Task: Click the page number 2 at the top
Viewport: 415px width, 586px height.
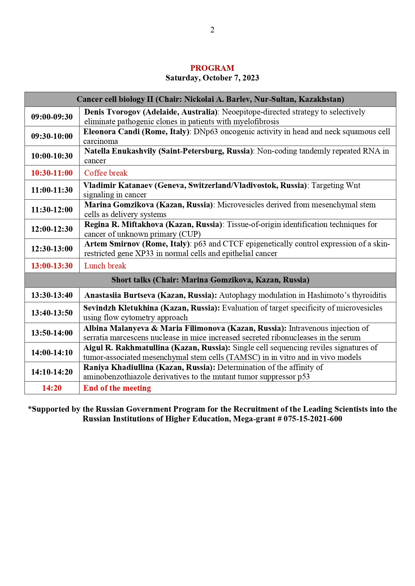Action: tap(212, 30)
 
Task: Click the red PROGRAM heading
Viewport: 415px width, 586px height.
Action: tap(212, 68)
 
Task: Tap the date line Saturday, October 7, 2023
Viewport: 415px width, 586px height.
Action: tap(212, 78)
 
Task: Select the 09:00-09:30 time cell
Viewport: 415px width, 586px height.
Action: tap(52, 117)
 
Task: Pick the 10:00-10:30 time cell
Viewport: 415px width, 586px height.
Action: tap(52, 156)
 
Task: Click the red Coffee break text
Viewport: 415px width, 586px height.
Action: tap(106, 173)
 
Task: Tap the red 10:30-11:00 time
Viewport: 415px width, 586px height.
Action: tap(52, 173)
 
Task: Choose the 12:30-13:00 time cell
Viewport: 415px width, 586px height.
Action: tap(52, 248)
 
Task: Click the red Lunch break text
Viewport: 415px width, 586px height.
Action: tap(105, 266)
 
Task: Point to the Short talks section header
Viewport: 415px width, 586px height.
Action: tap(210, 280)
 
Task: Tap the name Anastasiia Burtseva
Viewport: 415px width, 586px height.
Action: tap(120, 295)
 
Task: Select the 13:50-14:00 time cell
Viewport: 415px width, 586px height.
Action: tap(52, 333)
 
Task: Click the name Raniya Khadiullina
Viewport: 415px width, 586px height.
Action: tap(118, 367)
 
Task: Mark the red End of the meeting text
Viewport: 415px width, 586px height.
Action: tap(117, 388)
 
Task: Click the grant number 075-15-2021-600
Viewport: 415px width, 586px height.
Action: tap(313, 419)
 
